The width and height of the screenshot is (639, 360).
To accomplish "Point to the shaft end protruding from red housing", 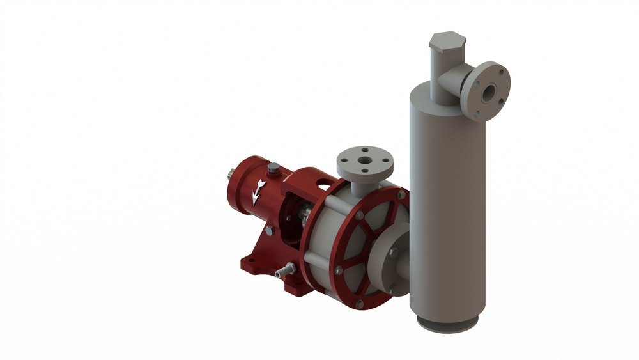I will pos(229,173).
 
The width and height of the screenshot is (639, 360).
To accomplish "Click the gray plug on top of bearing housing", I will pos(274,169).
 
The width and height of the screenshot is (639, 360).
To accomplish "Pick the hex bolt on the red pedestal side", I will pos(269,230).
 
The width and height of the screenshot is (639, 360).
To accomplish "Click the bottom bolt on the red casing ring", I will pos(359,304).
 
